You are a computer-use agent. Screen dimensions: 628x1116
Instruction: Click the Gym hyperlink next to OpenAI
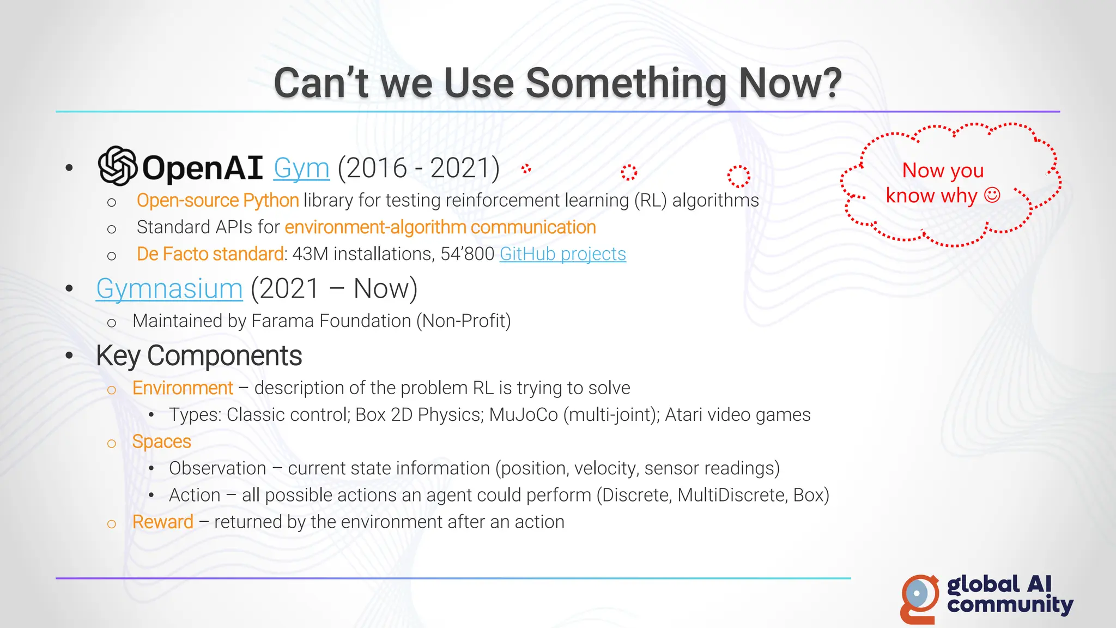pos(301,168)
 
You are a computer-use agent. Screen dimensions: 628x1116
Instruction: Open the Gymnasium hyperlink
pos(169,288)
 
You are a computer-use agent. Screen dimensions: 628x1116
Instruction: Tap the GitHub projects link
pos(562,254)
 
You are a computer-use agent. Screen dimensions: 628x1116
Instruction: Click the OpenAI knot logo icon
pos(117,166)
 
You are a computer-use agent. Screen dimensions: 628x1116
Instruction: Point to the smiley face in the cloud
pos(992,195)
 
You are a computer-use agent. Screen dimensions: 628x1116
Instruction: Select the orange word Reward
pos(162,522)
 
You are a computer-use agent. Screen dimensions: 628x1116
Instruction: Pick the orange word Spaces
pos(161,442)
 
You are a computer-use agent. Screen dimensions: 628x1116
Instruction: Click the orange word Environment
pos(183,388)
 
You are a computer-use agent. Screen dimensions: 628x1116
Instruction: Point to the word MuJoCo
pos(523,415)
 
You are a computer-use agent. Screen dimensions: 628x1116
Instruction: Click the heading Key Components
pos(198,356)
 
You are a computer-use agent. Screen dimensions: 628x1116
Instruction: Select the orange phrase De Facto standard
pos(210,254)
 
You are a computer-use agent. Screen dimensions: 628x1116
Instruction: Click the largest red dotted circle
pos(738,176)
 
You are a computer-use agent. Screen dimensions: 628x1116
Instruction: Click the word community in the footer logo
pos(1010,605)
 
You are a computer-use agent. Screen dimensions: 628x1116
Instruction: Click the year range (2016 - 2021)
pos(418,168)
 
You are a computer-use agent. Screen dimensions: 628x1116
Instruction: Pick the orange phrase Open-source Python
pos(217,201)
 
